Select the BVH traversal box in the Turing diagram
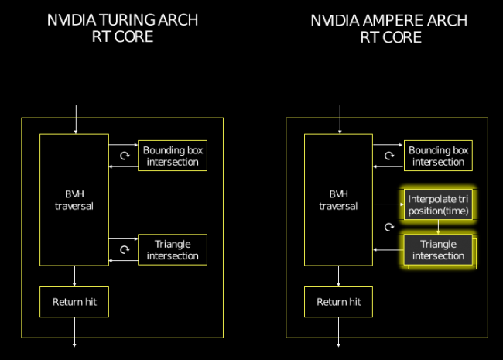(x=74, y=200)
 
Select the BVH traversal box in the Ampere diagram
(x=338, y=200)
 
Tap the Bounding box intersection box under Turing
(x=171, y=156)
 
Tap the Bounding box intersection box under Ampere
(x=438, y=156)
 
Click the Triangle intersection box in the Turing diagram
(x=171, y=249)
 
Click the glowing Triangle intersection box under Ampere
(x=438, y=250)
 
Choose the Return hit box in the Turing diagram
(x=74, y=301)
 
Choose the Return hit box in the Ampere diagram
(x=338, y=301)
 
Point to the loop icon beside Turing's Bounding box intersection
(x=125, y=156)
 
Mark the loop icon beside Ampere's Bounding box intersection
(x=389, y=156)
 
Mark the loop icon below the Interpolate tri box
(x=389, y=228)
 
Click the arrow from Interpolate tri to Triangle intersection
(x=438, y=228)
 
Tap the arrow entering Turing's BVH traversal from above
(x=74, y=120)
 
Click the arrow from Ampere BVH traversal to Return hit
(x=338, y=276)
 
